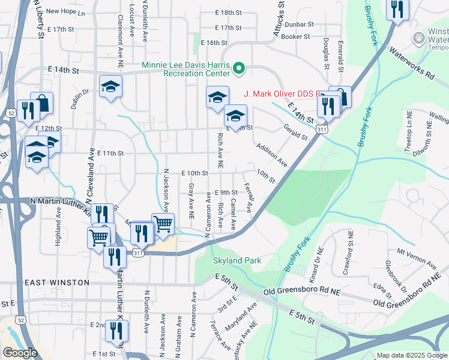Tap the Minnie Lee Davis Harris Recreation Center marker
[240, 69]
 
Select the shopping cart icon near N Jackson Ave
[163, 224]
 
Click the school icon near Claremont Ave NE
[110, 86]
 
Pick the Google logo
[19, 353]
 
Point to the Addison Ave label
[271, 155]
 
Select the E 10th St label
[195, 173]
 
